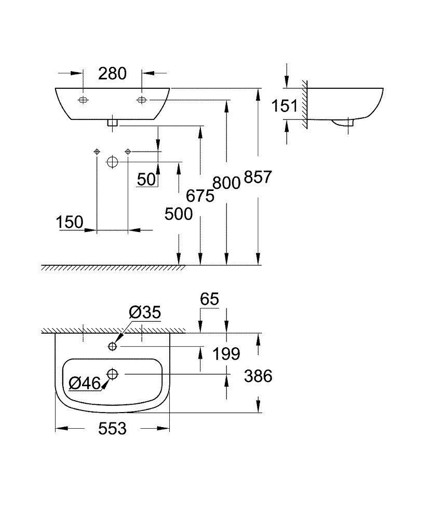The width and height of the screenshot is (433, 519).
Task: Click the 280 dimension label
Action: click(112, 74)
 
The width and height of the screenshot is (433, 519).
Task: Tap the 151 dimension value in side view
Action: click(285, 106)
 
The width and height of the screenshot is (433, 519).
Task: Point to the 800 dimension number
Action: click(226, 183)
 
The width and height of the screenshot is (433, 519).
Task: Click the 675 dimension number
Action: click(200, 196)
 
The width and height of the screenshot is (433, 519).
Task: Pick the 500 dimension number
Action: click(178, 213)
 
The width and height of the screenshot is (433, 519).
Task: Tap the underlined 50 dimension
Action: click(146, 180)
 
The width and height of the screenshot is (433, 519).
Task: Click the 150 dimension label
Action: click(70, 222)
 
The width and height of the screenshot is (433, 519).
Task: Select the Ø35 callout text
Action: click(145, 312)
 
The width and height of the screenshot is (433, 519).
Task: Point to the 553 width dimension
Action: click(112, 429)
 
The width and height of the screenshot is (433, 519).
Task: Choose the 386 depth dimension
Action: click(258, 376)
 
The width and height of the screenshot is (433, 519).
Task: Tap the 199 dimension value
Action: click(226, 354)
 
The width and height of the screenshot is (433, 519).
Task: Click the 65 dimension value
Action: click(209, 299)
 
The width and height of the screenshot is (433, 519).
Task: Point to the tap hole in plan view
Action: click(113, 346)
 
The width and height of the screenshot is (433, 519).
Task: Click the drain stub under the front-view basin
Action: click(113, 124)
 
